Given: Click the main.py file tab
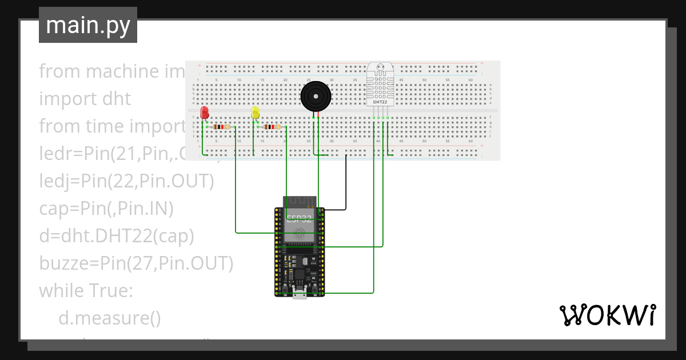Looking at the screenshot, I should pyautogui.click(x=87, y=25).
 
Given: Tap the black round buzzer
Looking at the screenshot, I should pyautogui.click(x=316, y=96).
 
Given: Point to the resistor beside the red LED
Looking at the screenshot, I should pyautogui.click(x=222, y=127).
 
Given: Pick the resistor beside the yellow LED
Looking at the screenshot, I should pyautogui.click(x=273, y=127).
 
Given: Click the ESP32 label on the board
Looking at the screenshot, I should pyautogui.click(x=300, y=219).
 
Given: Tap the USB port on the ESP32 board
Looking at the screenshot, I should pyautogui.click(x=300, y=294).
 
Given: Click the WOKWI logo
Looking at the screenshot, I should pyautogui.click(x=607, y=315).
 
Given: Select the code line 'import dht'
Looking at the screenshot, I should pyautogui.click(x=85, y=98).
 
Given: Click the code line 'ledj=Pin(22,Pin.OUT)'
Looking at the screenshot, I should pyautogui.click(x=126, y=181).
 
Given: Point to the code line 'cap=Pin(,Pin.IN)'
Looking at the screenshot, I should pyautogui.click(x=106, y=209).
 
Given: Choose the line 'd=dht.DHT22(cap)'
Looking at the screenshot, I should pyautogui.click(x=116, y=236).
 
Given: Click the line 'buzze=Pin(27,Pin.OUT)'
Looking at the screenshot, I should pyautogui.click(x=136, y=263).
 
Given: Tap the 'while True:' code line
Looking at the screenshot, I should pyautogui.click(x=86, y=291).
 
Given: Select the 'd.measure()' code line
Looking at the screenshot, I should pyautogui.click(x=109, y=318).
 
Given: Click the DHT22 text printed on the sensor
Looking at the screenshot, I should pyautogui.click(x=380, y=102).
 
